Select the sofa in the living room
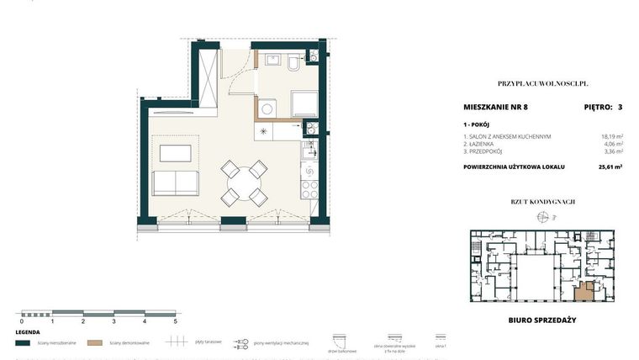click(174, 183)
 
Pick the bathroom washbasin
click(272, 61)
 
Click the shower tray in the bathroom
click(304, 104)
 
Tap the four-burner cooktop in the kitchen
click(309, 187)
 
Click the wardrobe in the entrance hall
click(207, 75)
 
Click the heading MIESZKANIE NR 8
click(495, 107)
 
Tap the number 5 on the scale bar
click(175, 321)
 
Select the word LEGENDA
click(29, 332)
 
